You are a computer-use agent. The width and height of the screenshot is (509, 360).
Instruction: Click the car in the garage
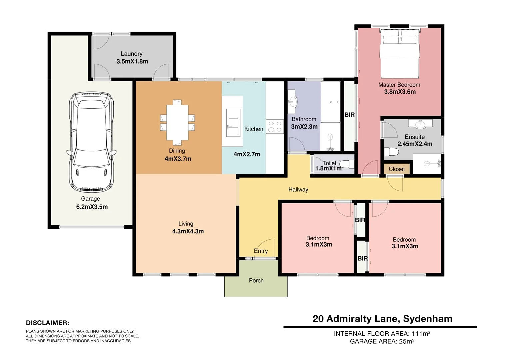coord(91,142)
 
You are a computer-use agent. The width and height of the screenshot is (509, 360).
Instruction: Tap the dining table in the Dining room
coord(177,122)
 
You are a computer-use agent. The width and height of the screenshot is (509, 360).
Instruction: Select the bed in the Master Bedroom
coord(400,54)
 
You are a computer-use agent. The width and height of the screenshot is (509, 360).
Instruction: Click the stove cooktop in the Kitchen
coord(275,127)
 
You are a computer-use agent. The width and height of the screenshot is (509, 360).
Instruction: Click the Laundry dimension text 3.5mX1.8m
coord(132,61)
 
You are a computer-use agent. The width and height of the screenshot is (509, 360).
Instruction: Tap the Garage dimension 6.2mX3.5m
coord(92,207)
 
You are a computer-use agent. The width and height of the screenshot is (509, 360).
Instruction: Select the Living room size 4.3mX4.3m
coord(188,231)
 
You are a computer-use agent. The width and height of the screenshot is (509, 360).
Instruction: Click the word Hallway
coord(298,190)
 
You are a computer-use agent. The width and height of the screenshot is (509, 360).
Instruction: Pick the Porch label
coord(256,281)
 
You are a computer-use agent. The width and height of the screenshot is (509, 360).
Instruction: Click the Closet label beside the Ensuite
coord(396,169)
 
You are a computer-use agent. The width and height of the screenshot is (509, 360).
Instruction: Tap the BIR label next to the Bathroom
coord(349,115)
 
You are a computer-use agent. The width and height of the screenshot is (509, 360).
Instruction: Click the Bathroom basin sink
coord(293,101)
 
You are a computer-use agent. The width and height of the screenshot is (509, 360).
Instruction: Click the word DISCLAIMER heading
coord(47,323)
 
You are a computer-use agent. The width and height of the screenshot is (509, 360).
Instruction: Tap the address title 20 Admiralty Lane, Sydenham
coord(382,319)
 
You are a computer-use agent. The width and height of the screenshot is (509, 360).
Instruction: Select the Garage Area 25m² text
coord(382,341)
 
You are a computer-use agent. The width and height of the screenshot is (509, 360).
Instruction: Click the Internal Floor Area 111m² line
coord(382,334)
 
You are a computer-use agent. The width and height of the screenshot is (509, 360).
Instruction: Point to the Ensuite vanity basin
coord(420,124)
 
